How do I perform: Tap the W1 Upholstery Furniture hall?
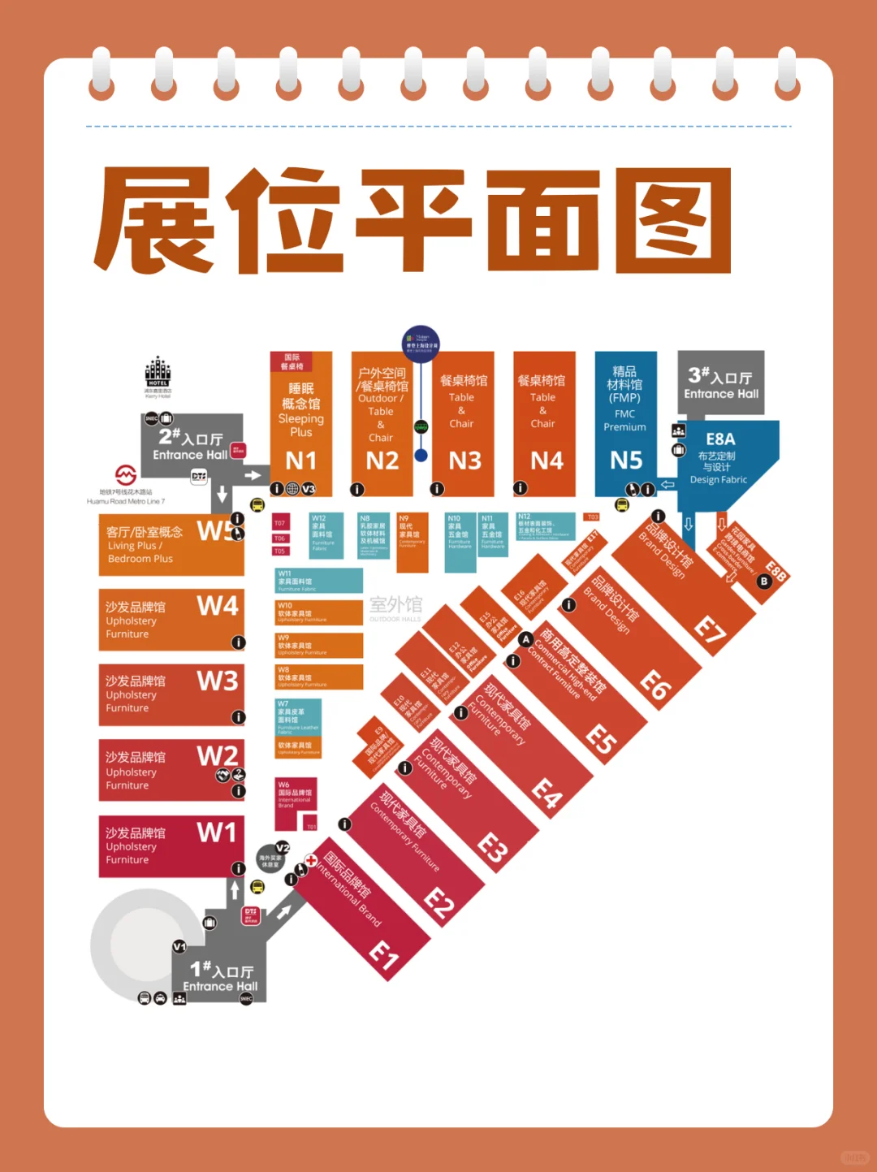pyautogui.click(x=171, y=846)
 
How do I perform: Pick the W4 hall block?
pyautogui.click(x=171, y=620)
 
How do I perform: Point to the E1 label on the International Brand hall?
pyautogui.click(x=384, y=955)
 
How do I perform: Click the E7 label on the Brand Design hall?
pyautogui.click(x=709, y=630)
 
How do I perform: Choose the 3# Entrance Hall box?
pyautogui.click(x=721, y=383)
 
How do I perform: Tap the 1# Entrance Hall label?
pyautogui.click(x=220, y=978)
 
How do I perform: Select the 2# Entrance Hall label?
pyautogui.click(x=191, y=446)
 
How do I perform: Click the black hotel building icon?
pyautogui.click(x=158, y=373)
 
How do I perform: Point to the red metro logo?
pyautogui.click(x=125, y=475)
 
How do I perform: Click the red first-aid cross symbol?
pyautogui.click(x=310, y=860)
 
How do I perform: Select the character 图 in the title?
pyautogui.click(x=673, y=221)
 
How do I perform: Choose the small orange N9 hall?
pyautogui.click(x=412, y=540)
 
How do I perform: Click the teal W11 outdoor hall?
pyautogui.click(x=318, y=580)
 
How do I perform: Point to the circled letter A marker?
pyautogui.click(x=525, y=640)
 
